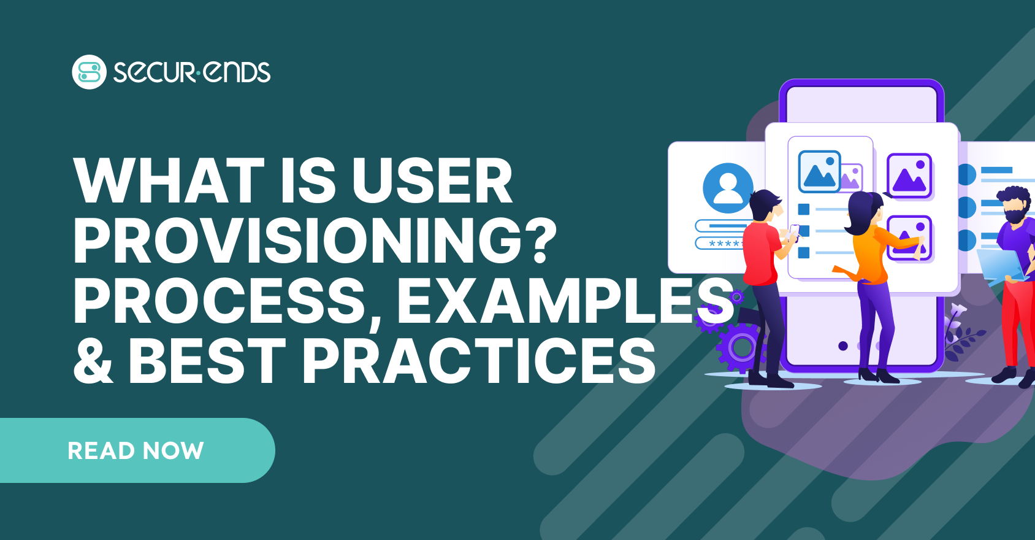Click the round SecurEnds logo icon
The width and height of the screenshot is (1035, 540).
(89, 72)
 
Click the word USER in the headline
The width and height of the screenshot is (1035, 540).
(432, 180)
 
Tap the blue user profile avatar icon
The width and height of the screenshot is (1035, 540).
(728, 188)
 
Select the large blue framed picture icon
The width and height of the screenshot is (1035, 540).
(819, 172)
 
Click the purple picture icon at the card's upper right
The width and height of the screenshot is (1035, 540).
(909, 175)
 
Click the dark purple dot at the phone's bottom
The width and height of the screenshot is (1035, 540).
(843, 346)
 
